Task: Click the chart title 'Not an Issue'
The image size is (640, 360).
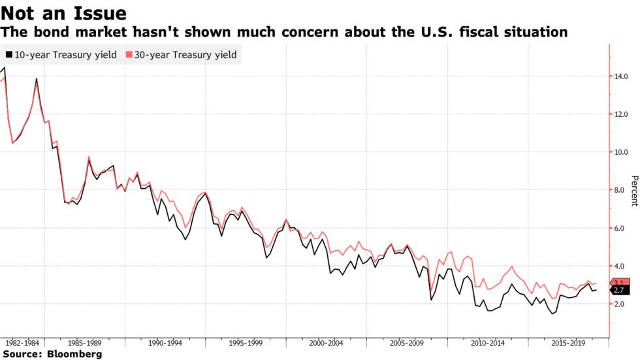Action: click(x=64, y=12)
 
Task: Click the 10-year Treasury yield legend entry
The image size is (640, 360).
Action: click(x=60, y=55)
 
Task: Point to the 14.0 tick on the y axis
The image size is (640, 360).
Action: click(x=622, y=76)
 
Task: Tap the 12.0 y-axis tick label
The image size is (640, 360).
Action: click(x=622, y=114)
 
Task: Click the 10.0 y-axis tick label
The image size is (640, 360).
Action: click(x=622, y=152)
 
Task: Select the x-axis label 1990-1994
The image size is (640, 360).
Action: click(x=165, y=342)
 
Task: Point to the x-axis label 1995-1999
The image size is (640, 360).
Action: click(x=246, y=342)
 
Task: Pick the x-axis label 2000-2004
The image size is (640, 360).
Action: click(x=326, y=342)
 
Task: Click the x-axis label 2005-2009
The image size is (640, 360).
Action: click(x=406, y=342)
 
